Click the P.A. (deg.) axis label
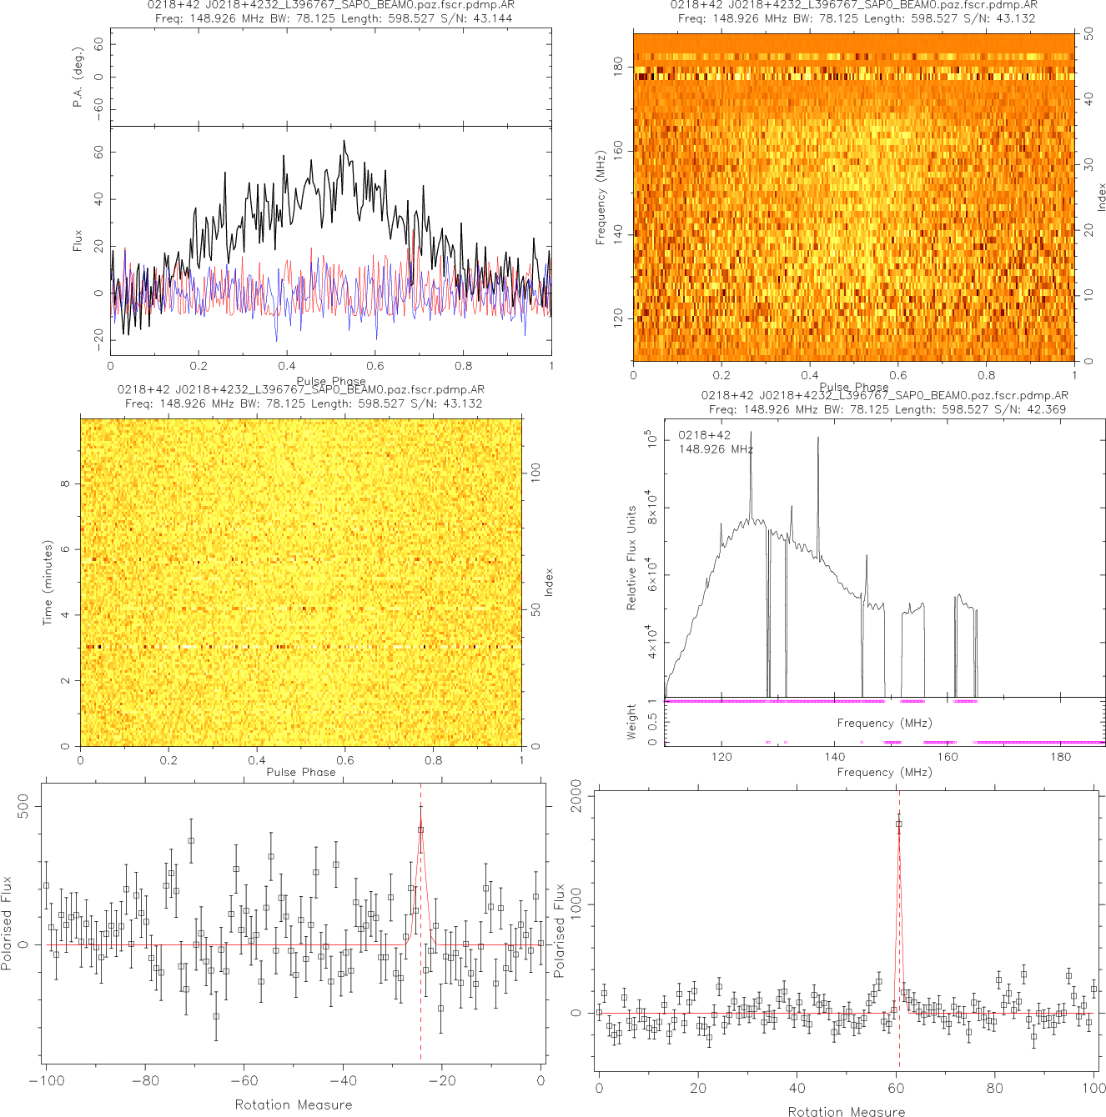[x=78, y=77]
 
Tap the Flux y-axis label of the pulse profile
[x=78, y=241]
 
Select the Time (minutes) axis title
[x=48, y=583]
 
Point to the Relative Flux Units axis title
[x=631, y=558]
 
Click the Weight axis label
[x=631, y=722]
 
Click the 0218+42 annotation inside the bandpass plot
[x=704, y=435]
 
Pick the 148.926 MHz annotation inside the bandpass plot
[x=716, y=449]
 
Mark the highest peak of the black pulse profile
[x=344, y=142]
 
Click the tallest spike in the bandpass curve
[x=751, y=433]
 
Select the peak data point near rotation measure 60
[x=898, y=824]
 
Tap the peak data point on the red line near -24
[x=420, y=829]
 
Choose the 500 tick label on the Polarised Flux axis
[x=23, y=805]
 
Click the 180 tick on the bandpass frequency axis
[x=1060, y=757]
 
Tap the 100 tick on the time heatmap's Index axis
[x=535, y=472]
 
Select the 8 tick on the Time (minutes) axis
[x=66, y=483]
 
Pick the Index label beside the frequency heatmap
[x=1101, y=197]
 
